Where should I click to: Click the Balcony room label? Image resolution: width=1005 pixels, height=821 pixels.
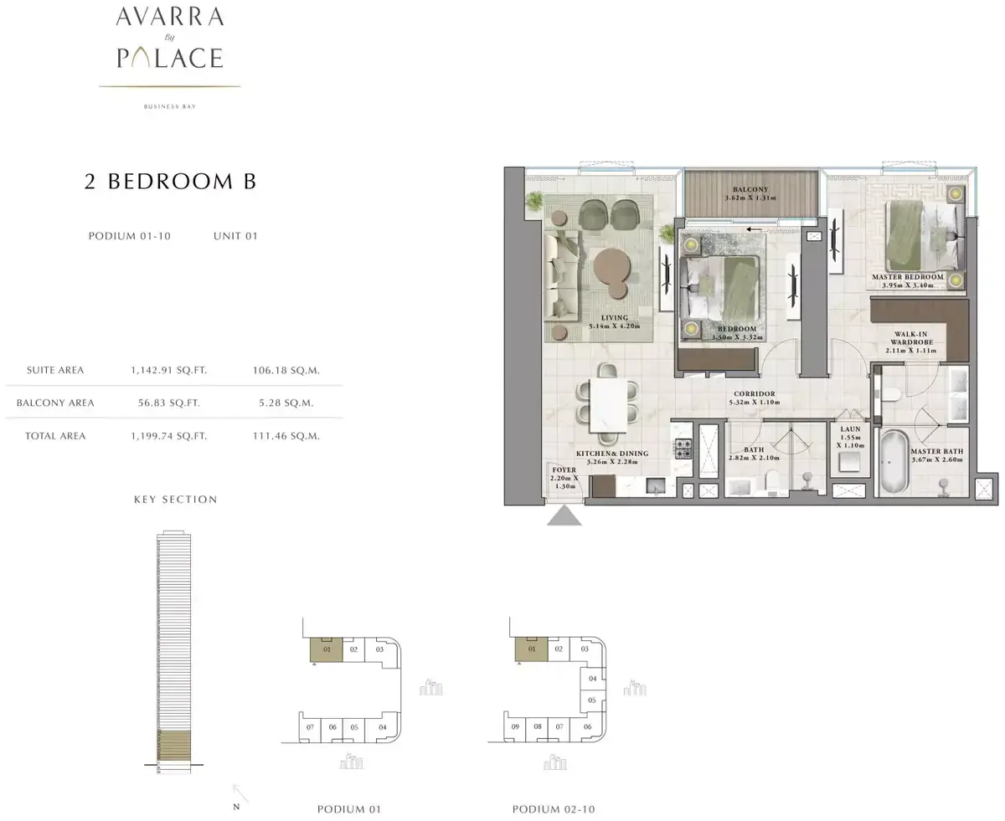750,189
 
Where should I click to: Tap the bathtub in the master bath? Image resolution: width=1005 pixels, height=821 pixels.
893,462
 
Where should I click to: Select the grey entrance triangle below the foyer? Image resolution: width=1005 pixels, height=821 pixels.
564,516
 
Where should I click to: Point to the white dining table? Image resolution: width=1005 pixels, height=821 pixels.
608,405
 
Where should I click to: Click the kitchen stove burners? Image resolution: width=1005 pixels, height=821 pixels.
683,448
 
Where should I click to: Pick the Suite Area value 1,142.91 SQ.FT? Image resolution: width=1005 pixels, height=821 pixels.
169,370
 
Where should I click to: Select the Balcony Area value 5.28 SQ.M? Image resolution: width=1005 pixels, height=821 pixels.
286,403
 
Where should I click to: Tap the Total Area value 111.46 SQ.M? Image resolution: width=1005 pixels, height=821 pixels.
286,436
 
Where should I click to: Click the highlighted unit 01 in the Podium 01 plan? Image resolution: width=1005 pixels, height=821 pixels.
327,649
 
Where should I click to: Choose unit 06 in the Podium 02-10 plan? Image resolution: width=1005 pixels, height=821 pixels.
588,726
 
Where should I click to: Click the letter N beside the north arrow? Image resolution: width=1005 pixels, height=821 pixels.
236,807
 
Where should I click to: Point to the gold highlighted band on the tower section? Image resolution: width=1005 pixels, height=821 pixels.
174,745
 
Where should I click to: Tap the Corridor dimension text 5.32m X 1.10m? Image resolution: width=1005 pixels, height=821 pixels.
755,402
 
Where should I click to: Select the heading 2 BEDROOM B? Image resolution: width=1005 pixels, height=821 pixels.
171,182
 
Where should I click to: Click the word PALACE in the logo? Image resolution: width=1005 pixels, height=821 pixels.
170,58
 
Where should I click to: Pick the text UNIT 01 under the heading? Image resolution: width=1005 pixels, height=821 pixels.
235,236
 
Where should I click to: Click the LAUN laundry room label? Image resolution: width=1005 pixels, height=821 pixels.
850,429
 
